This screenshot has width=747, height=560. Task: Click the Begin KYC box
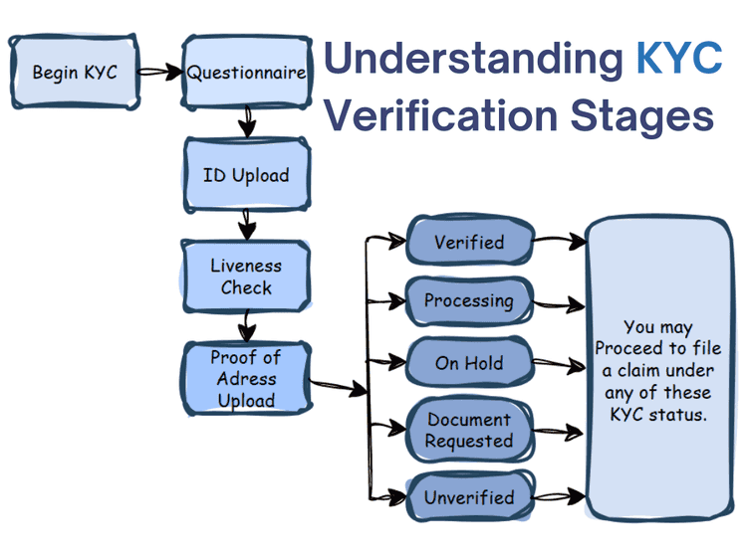[x=75, y=73]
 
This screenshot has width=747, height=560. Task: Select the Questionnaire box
[x=246, y=73]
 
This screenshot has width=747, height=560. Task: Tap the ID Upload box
[x=246, y=176]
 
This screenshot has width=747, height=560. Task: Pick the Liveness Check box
[x=246, y=277]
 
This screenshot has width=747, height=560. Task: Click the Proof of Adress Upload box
[x=246, y=379]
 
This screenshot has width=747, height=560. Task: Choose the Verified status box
[x=469, y=242]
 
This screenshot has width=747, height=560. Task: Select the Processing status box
[x=469, y=300]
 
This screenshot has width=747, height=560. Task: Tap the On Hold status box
[x=469, y=363]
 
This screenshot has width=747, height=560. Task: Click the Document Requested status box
[x=469, y=430]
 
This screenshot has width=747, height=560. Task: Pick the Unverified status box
[x=469, y=497]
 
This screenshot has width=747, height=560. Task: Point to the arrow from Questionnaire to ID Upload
[x=247, y=122]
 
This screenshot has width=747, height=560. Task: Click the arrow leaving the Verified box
[x=559, y=241]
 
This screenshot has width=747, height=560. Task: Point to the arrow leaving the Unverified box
[x=559, y=494]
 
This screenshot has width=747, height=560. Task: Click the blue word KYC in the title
[x=678, y=60]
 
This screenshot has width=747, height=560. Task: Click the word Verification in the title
[x=441, y=116]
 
